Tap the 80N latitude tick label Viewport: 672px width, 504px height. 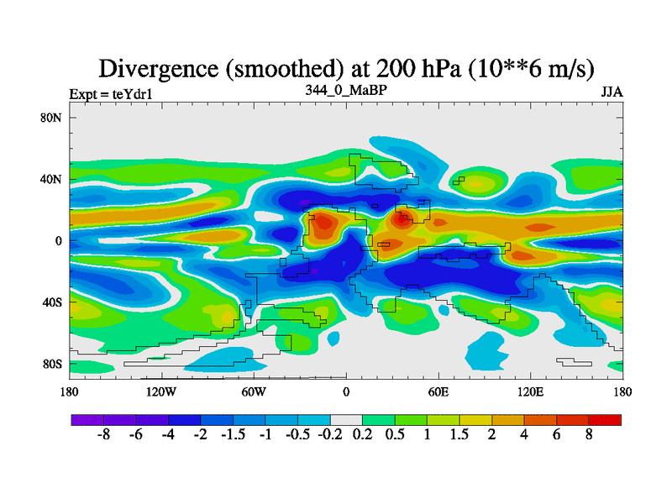click(52, 118)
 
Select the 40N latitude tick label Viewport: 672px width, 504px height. click(52, 179)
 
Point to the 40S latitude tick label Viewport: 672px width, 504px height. click(53, 302)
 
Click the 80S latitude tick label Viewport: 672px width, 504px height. click(53, 365)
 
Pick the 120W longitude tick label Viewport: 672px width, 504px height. click(160, 391)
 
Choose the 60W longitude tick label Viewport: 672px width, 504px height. click(253, 391)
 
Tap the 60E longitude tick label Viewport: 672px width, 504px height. click(438, 391)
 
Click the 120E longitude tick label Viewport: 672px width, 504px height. click(530, 391)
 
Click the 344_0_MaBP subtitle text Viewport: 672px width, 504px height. click(345, 88)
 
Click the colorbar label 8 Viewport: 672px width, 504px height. click(589, 437)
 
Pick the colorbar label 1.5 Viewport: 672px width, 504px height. click(459, 437)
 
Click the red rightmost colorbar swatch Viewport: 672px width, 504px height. click(605, 419)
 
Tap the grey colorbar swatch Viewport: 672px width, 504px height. click(346, 419)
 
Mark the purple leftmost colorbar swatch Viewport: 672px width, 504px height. click(87, 419)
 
